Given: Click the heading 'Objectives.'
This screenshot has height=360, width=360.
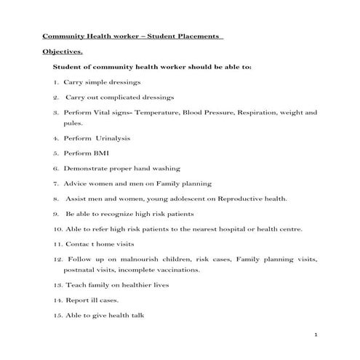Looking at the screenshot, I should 63,52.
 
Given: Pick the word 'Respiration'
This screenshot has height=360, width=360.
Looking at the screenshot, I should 261,113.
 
